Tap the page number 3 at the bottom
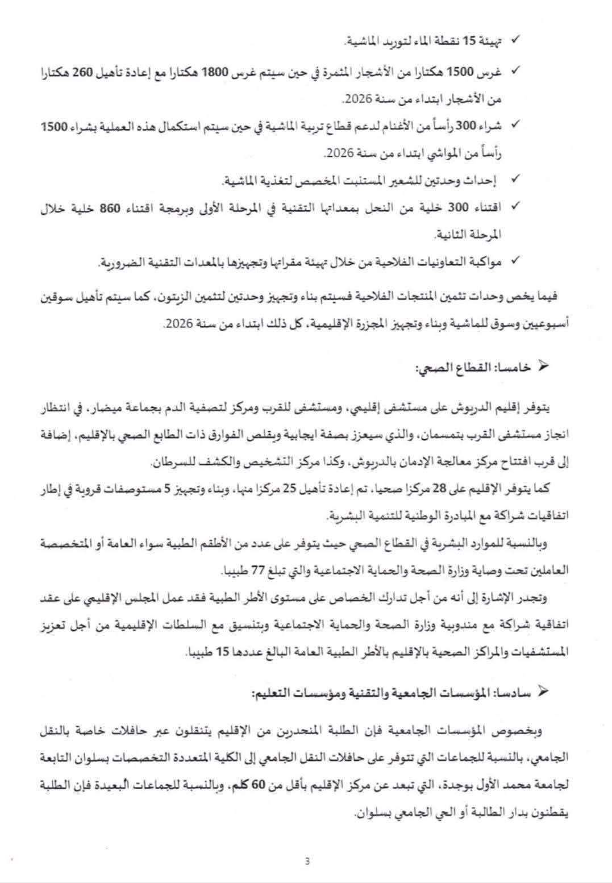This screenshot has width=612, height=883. tap(307, 860)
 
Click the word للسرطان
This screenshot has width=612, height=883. tap(170, 463)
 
